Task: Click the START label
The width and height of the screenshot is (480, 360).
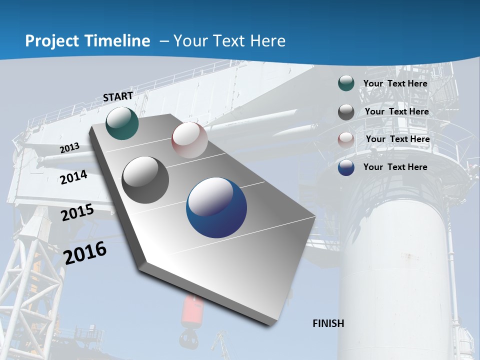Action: (118, 96)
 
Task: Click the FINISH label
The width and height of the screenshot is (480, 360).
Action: (328, 323)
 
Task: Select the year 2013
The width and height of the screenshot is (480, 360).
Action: (70, 148)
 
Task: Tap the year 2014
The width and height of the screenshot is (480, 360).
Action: (74, 177)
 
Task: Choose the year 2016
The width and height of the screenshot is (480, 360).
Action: (85, 252)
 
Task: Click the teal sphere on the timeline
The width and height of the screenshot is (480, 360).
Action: (122, 123)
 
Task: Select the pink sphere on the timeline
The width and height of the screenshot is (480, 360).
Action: (189, 140)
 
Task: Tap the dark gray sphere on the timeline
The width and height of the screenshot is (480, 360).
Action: (145, 180)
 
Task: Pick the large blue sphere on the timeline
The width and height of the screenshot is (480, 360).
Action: (216, 207)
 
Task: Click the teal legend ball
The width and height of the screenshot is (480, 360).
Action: (346, 83)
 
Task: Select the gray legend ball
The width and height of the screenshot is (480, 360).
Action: (346, 111)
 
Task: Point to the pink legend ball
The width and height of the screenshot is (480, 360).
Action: (346, 139)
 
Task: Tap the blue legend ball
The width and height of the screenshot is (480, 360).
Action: (346, 167)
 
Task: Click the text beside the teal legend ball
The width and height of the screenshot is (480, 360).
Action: (395, 83)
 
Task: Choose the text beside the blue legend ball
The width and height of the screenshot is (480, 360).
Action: (395, 167)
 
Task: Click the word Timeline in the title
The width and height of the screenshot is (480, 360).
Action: (114, 41)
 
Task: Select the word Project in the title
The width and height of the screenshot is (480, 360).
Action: (50, 41)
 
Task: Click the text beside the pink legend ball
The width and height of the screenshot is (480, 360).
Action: (397, 139)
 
